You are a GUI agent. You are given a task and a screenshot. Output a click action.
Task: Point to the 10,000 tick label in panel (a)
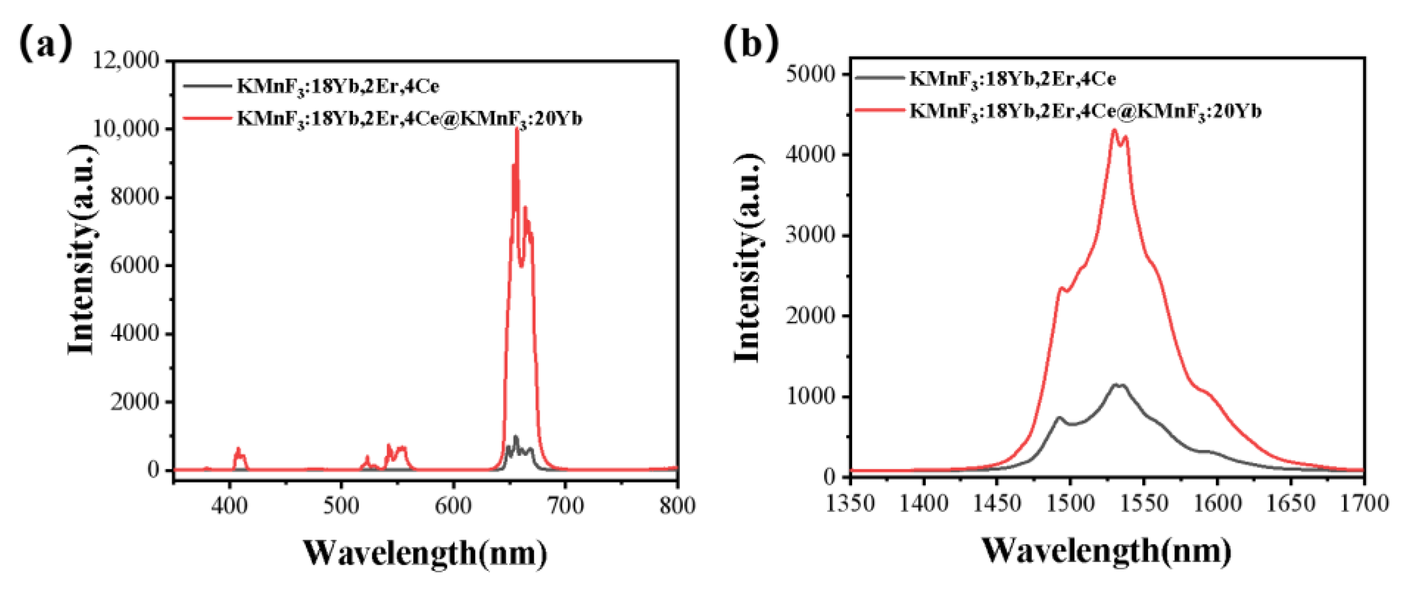(127, 129)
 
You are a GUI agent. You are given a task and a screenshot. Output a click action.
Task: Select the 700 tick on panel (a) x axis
(565, 506)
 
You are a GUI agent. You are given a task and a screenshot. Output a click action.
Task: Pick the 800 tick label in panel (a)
(677, 506)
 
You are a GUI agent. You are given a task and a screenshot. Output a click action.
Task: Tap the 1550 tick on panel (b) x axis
(1144, 502)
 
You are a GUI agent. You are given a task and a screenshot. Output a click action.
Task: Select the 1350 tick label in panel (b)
(850, 502)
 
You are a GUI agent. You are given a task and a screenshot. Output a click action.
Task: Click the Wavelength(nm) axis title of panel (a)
(425, 553)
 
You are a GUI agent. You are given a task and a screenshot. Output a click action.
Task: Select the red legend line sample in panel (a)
(207, 118)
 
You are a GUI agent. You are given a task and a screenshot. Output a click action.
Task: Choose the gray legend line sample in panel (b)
(879, 78)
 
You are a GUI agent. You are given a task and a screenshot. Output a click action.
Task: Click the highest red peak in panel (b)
(1114, 130)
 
